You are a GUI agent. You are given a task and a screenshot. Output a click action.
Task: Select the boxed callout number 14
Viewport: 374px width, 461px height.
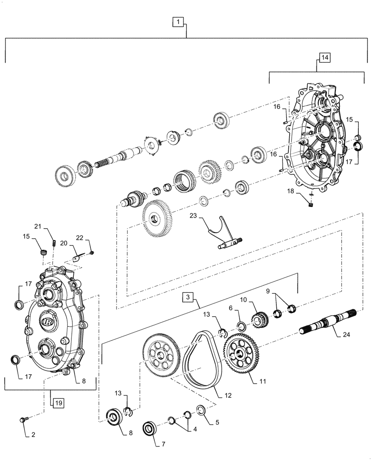[324, 57]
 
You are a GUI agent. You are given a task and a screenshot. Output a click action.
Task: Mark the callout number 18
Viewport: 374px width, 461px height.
[289, 190]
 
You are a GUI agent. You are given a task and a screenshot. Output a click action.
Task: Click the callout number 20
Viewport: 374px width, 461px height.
[64, 242]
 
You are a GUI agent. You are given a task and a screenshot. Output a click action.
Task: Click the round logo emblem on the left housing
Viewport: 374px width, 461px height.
[47, 319]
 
